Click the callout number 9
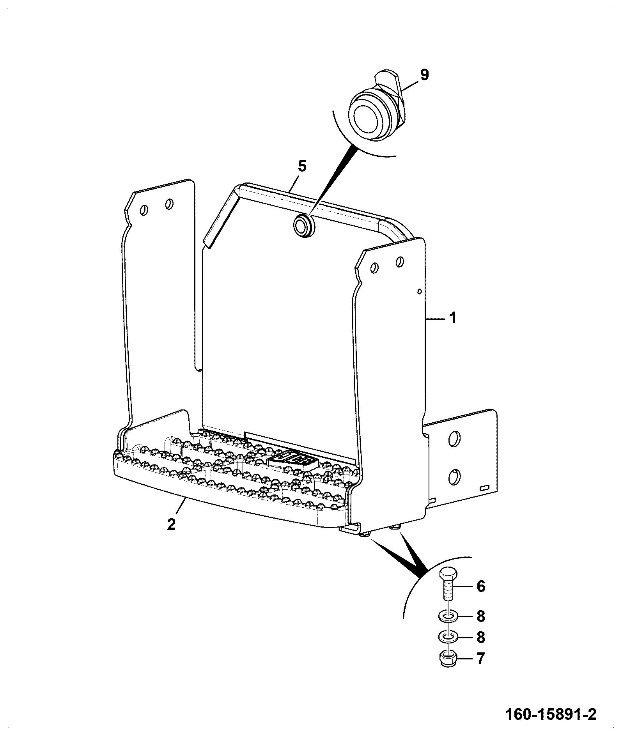[x=424, y=74]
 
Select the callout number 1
[x=452, y=319]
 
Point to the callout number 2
[x=171, y=524]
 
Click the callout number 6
[x=481, y=586]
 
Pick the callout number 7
[x=481, y=658]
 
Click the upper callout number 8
[x=481, y=617]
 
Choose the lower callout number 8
[x=481, y=638]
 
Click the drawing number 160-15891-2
[x=551, y=715]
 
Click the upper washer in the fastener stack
[x=447, y=617]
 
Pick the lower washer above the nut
[x=447, y=638]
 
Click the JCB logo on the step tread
[x=293, y=459]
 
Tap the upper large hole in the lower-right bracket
[x=454, y=439]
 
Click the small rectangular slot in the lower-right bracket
[x=484, y=488]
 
